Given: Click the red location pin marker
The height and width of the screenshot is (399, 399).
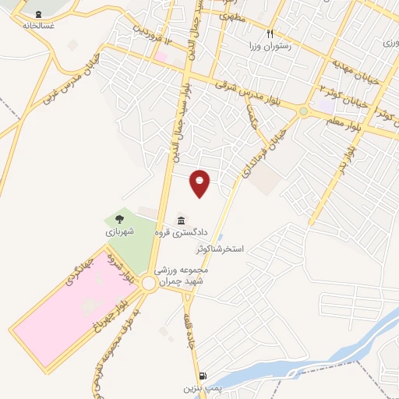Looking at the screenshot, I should point(200,182).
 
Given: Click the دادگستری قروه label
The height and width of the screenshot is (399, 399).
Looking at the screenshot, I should point(182,231).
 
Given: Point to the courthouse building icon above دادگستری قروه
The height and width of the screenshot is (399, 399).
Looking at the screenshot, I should point(182,217).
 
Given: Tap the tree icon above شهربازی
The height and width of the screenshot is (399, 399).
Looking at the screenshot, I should point(119,220).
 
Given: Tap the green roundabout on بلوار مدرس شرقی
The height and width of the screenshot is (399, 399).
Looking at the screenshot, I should point(303,111).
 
